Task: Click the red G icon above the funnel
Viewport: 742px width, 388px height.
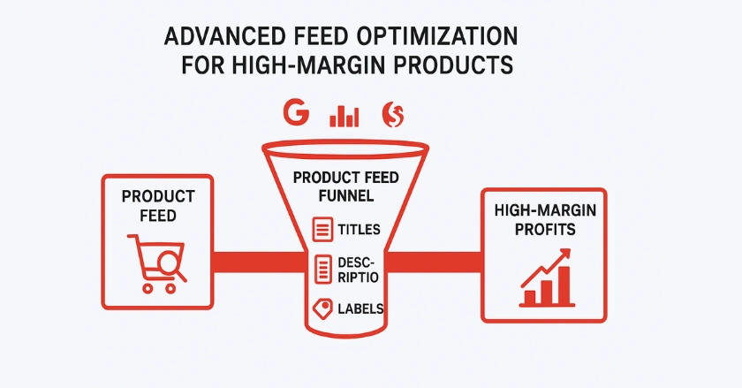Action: pos(296,112)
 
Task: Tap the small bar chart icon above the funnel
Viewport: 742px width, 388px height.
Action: pos(344,116)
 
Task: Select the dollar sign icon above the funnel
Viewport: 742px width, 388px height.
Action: pos(393,114)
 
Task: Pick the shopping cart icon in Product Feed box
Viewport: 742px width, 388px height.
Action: pos(157,262)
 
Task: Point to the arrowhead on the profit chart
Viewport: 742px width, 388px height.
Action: pos(565,255)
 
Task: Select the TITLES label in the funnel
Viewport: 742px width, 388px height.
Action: pos(360,230)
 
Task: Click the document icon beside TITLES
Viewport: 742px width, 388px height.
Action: pos(322,229)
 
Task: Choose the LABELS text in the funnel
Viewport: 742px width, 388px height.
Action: pos(360,308)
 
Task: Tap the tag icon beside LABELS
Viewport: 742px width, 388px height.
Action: pos(322,308)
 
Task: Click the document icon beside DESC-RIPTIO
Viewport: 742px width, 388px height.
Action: pos(323,269)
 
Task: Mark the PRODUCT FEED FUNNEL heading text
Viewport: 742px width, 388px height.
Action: pos(346,186)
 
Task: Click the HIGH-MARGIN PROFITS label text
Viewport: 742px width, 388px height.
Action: pos(545,219)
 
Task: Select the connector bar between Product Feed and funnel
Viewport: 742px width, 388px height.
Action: pos(259,262)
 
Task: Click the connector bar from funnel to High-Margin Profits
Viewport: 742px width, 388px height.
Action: pos(435,262)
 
